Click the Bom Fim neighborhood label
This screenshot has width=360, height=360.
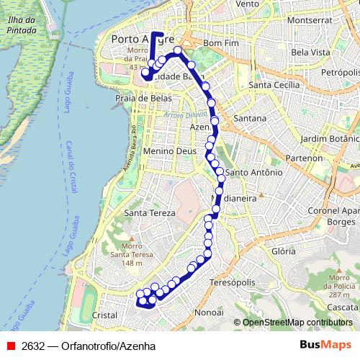pos(221,44)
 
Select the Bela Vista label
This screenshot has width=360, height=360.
pos(311,53)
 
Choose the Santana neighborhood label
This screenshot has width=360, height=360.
pos(250,117)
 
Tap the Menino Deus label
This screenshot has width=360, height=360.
pos(169,152)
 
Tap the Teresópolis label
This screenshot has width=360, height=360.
pos(233,283)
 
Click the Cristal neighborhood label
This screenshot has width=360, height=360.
pos(105,315)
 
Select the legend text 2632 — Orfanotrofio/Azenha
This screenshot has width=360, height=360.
pos(89,346)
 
